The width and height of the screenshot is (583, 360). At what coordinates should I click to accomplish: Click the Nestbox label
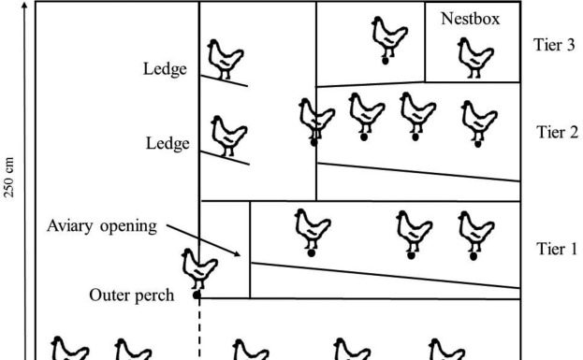(470, 17)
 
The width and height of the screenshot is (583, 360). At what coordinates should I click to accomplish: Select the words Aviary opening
(102, 227)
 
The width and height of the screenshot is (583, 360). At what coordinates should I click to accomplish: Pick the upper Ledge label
(166, 68)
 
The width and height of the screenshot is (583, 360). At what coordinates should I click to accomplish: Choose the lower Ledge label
(168, 144)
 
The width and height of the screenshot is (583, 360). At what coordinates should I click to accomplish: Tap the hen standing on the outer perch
(199, 269)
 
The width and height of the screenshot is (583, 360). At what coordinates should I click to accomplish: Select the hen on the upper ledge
(225, 58)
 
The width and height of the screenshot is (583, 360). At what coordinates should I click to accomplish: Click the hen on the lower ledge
(227, 134)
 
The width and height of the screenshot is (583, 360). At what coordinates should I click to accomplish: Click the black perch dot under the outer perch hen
(197, 295)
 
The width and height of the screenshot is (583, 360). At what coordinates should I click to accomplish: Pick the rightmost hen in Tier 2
(478, 121)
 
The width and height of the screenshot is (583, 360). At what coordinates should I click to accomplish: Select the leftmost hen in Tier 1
(312, 228)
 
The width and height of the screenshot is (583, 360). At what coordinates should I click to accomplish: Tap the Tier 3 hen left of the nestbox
(385, 38)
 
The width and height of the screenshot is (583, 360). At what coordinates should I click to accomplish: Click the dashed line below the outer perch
(198, 327)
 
